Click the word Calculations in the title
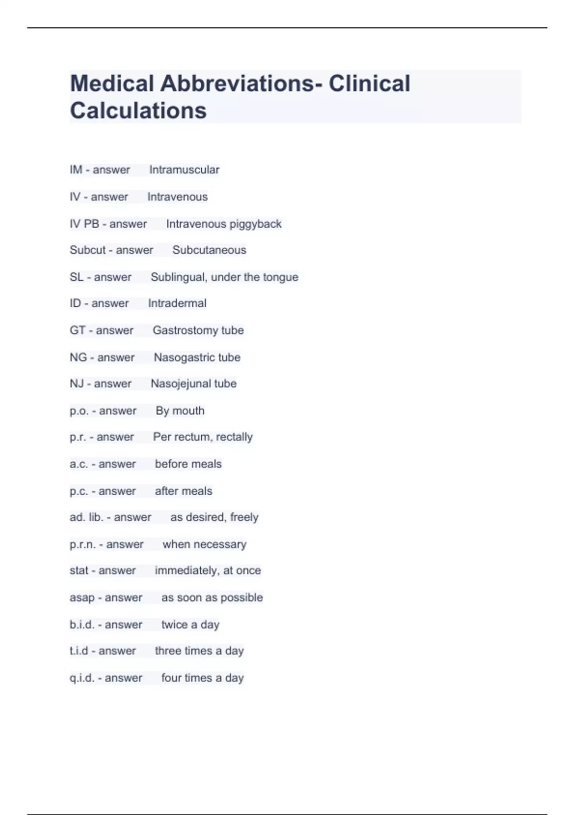click(138, 110)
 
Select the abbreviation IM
click(76, 170)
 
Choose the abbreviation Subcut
click(88, 250)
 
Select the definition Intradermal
click(177, 303)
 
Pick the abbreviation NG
click(78, 358)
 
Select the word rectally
click(234, 437)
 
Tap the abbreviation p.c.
click(79, 491)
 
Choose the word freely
click(244, 517)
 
